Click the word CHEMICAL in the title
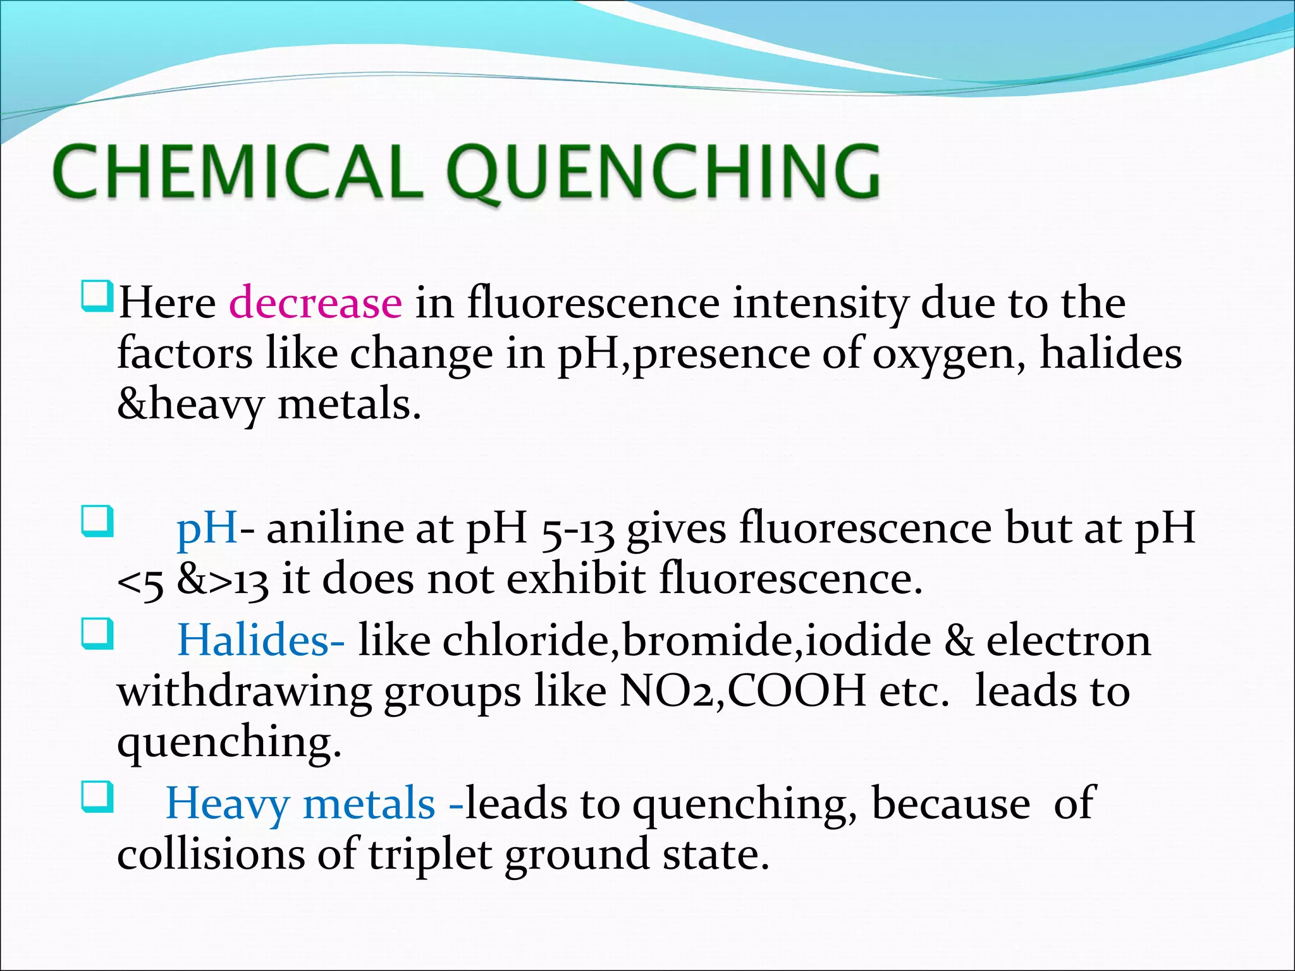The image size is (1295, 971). point(238,171)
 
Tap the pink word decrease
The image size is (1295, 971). point(315,303)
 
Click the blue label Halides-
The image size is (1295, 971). point(261,640)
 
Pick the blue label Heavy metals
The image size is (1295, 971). point(300,804)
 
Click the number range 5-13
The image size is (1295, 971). point(578,530)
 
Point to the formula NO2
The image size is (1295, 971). point(672,691)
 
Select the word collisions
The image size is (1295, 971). point(211,854)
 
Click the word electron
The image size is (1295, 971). point(1069,640)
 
